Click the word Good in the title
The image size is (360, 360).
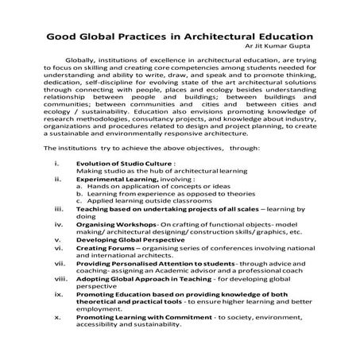coord(64,37)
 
